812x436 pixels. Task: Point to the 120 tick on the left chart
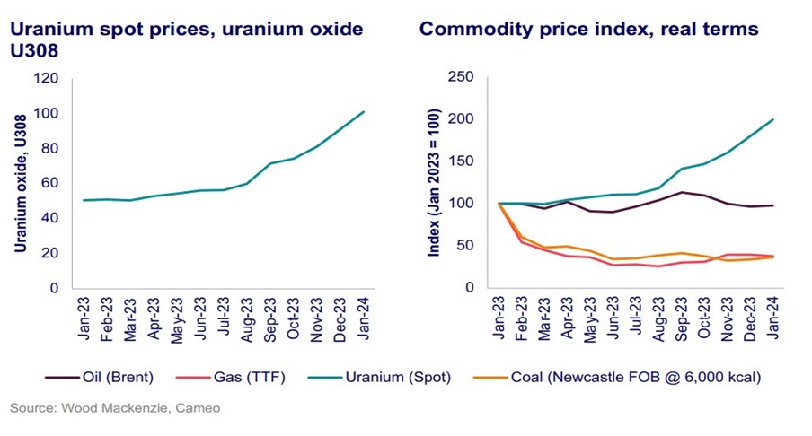tap(45, 79)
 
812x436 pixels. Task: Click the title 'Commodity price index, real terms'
tap(589, 30)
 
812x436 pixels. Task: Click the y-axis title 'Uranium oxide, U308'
tap(19, 183)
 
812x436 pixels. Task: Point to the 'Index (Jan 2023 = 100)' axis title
tap(435, 183)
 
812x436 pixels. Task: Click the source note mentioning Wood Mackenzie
tap(115, 409)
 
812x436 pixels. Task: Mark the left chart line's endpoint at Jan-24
tap(363, 112)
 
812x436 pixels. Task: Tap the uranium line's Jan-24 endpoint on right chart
tap(773, 119)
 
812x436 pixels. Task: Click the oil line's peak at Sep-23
tap(681, 192)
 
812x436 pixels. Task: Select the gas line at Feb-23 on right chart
tap(522, 242)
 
